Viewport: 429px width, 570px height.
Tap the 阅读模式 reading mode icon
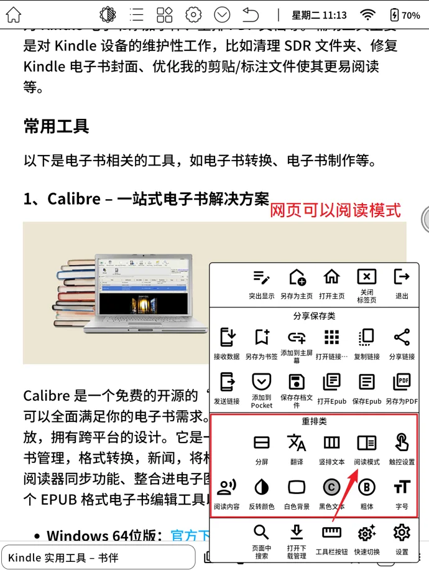pos(367,442)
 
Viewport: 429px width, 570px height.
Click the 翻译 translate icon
pos(297,442)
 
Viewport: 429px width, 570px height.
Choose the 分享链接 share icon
pos(402,337)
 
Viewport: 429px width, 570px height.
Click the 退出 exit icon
pos(402,277)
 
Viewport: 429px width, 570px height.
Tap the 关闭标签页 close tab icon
pos(367,277)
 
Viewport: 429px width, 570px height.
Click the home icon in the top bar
pos(13,15)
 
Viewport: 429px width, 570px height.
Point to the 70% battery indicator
pos(404,15)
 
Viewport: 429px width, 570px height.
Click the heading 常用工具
pos(56,126)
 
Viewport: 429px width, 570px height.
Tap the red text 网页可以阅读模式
pos(335,210)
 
